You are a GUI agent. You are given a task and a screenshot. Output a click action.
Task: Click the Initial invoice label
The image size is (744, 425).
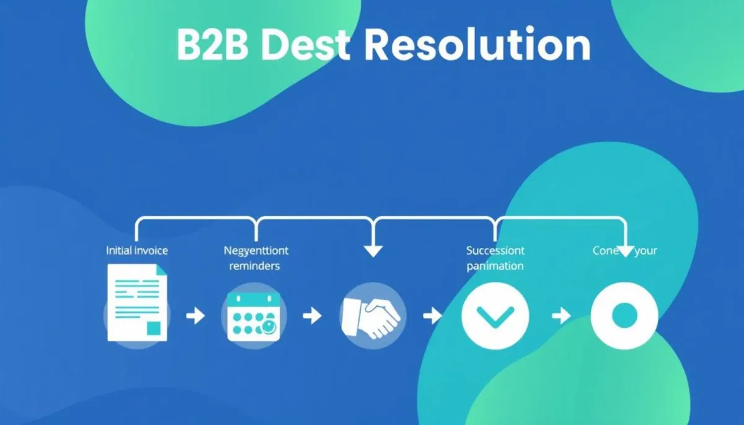[137, 251]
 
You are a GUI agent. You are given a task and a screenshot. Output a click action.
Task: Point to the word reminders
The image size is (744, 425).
[254, 266]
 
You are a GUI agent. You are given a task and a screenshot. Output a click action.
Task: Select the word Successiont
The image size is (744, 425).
[495, 251]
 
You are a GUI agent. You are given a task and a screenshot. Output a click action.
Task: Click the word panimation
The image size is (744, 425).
[495, 266]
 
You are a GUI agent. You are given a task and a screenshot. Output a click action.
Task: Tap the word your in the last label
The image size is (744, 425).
[645, 251]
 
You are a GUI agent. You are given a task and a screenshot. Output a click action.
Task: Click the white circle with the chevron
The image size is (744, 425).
[495, 317]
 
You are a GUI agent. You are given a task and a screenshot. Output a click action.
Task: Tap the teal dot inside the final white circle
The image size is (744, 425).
[624, 316]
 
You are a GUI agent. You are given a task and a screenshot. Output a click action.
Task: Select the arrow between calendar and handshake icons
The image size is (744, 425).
[312, 317]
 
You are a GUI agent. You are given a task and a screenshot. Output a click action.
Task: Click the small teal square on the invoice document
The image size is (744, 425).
[154, 328]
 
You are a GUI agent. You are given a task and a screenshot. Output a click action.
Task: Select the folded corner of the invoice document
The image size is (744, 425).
[161, 269]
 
